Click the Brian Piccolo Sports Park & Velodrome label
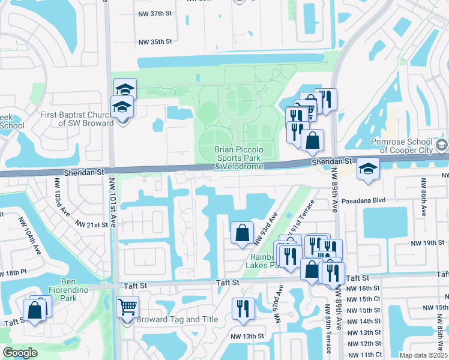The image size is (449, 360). tap(239, 157)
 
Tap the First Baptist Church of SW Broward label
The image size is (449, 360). tap(77, 119)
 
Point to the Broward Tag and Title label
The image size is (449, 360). tap(177, 319)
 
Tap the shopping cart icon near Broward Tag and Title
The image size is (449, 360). tap(127, 307)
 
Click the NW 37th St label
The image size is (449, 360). tap(155, 14)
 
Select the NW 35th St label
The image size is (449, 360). tap(155, 42)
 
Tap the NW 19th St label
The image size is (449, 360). tap(427, 243)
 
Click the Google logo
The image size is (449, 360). tap(19, 352)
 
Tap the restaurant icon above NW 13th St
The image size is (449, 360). tap(243, 308)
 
